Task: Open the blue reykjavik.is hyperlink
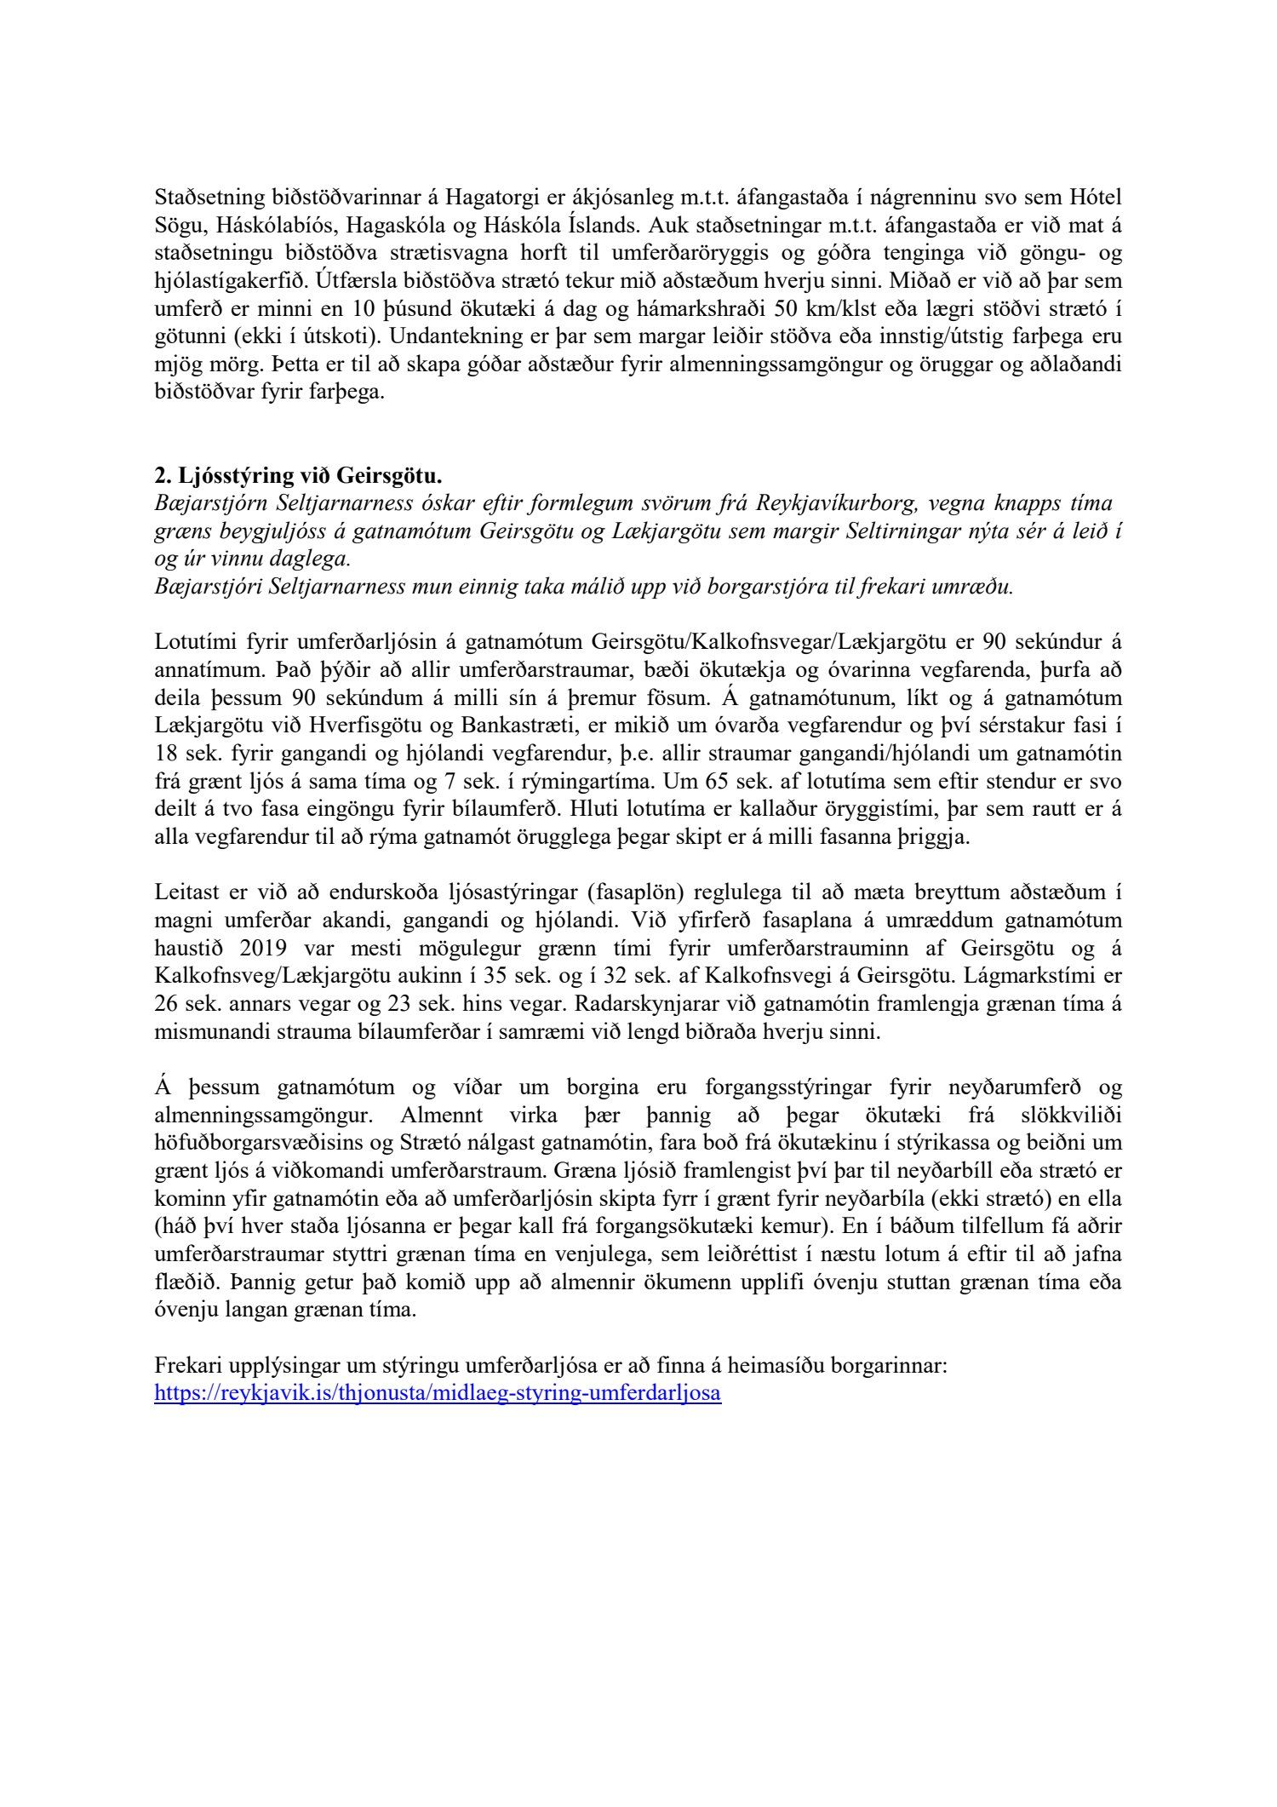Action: (x=438, y=1394)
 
